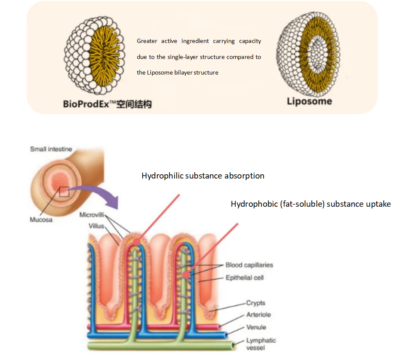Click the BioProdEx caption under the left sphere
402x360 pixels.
[x=107, y=103]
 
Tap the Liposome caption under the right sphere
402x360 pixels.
[x=309, y=101]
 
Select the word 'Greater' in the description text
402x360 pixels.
[x=147, y=41]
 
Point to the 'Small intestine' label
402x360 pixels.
[x=51, y=149]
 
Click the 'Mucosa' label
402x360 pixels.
[x=41, y=220]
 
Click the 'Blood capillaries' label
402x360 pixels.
[x=249, y=265]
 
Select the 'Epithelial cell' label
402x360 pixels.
[x=245, y=278]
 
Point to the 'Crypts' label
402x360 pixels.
[x=256, y=303]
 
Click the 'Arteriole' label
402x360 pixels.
[x=258, y=315]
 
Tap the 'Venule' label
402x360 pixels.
[x=256, y=327]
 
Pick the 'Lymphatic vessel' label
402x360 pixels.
[x=261, y=344]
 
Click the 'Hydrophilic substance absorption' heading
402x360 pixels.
[x=203, y=176]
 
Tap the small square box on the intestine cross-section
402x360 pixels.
[x=64, y=192]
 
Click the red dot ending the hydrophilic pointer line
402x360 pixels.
[x=137, y=242]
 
